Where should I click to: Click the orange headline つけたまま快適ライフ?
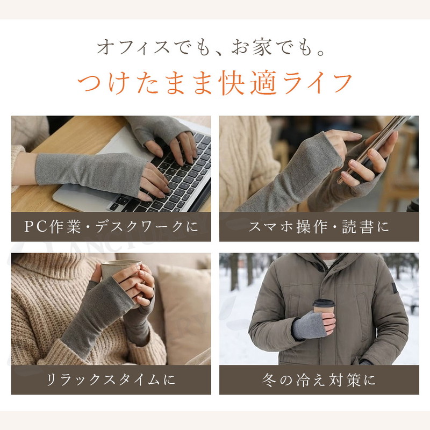tap(215, 83)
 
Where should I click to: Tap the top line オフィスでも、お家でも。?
tap(211, 47)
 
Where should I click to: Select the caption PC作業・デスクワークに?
tap(111, 226)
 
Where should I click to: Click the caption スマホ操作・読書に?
tap(319, 227)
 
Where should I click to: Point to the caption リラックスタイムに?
tap(111, 379)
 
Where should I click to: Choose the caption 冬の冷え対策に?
tap(319, 380)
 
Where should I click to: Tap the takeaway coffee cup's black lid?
tap(324, 303)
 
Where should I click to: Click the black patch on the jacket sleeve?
tap(395, 289)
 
